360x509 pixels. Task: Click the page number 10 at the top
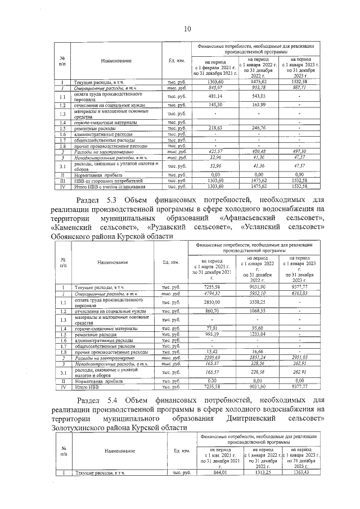(x=187, y=29)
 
